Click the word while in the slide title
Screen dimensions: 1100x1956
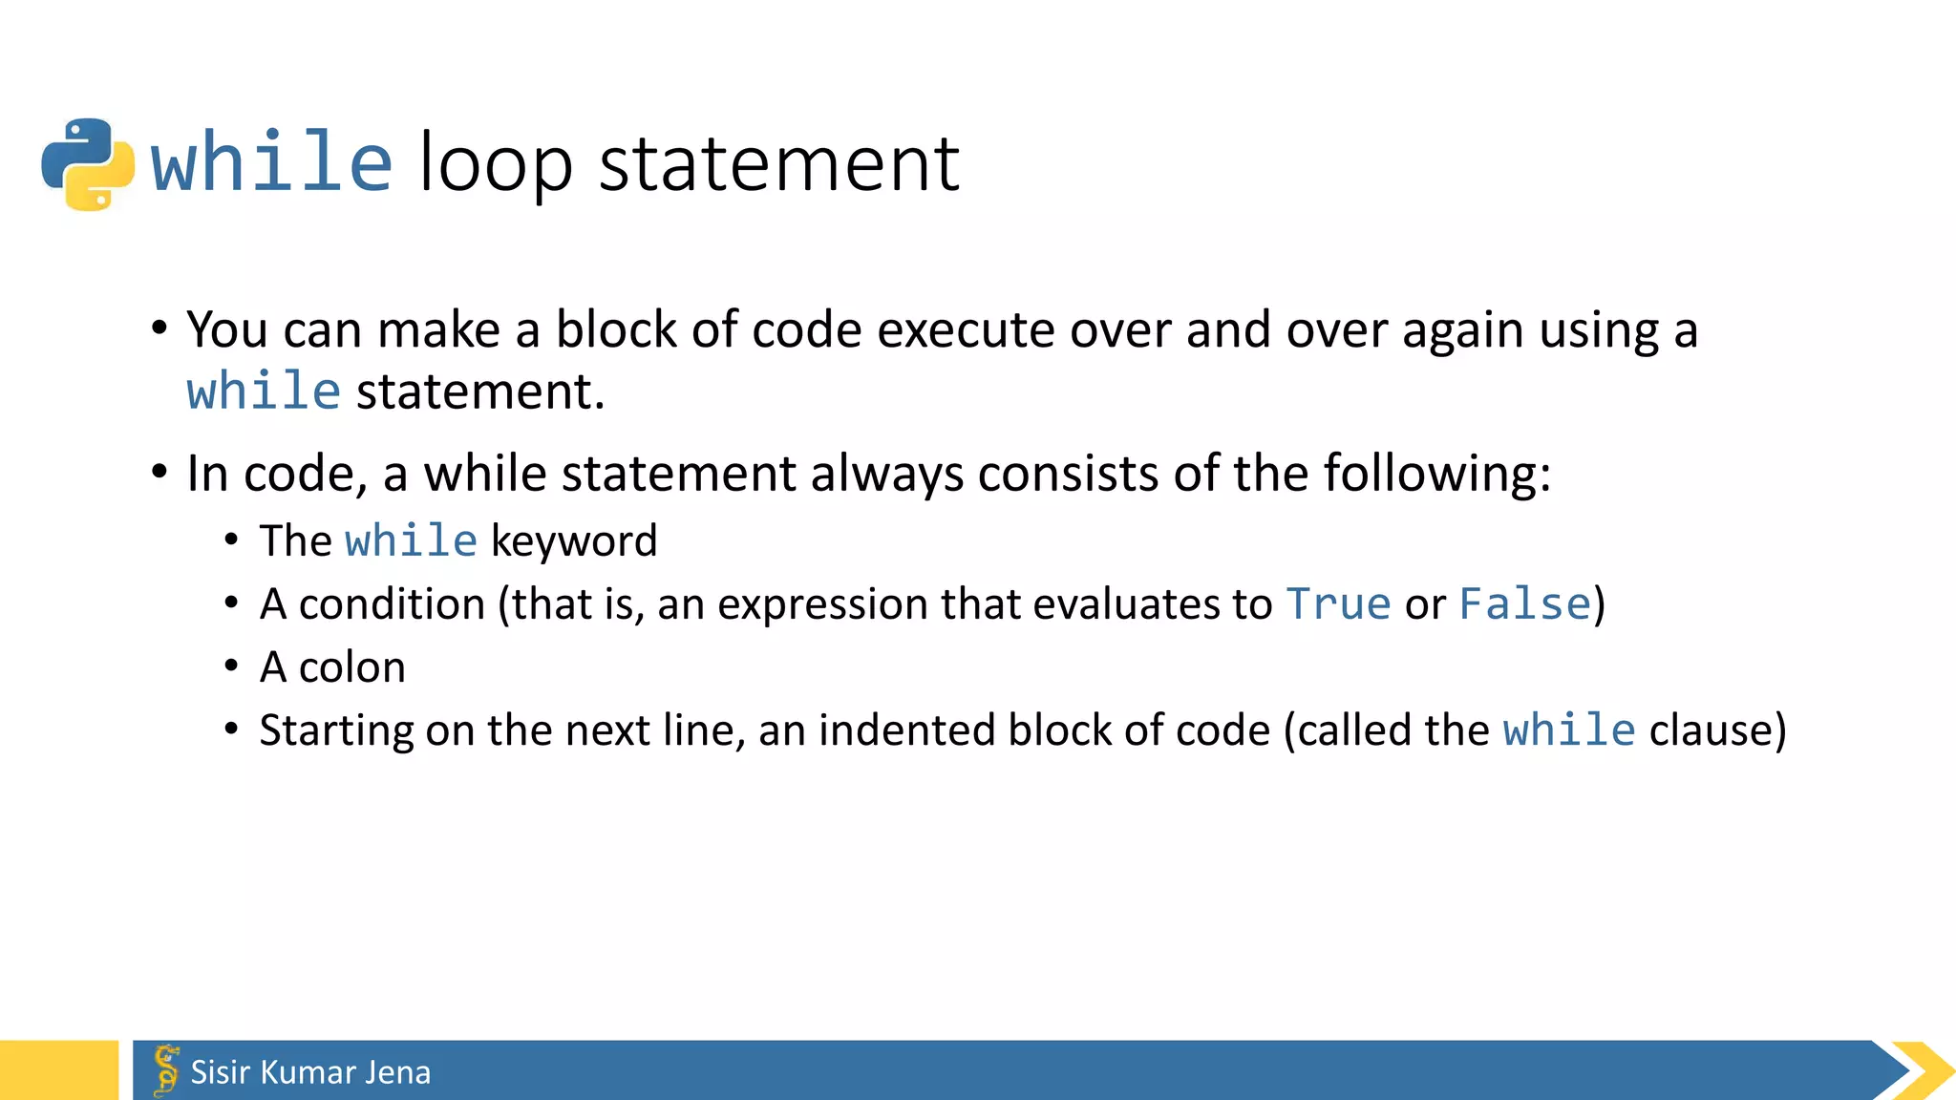coord(271,162)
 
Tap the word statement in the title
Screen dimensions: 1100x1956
coord(778,164)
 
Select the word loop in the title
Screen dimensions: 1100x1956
coord(496,164)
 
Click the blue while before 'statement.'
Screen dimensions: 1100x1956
coord(264,391)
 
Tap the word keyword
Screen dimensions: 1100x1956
coord(574,541)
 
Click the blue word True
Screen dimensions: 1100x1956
coord(1338,604)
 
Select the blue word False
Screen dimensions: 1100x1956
coord(1525,604)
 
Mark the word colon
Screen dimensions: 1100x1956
coord(351,667)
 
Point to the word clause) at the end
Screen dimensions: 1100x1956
coord(1717,730)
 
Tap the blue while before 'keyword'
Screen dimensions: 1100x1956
coord(411,541)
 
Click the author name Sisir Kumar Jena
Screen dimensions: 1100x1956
coord(310,1072)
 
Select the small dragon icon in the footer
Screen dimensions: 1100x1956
coord(166,1069)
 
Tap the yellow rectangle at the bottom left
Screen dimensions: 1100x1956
coord(58,1070)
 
